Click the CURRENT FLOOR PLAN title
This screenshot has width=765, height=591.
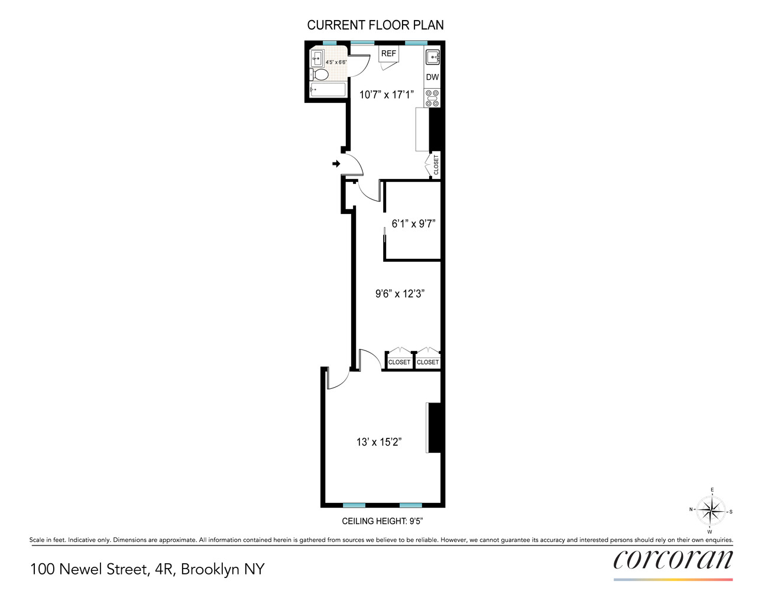pos(375,25)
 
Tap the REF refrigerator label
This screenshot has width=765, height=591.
pos(388,54)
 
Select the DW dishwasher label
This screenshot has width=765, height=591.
pos(432,77)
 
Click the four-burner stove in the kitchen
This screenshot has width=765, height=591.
pos(432,98)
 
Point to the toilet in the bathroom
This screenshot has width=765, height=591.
pos(319,74)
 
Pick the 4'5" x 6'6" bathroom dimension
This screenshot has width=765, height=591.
pos(336,62)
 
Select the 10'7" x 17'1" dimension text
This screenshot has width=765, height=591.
pos(387,95)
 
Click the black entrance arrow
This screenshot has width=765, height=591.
pos(336,164)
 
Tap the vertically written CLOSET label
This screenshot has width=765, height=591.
pos(436,165)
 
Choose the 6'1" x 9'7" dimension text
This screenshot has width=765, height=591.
pos(413,223)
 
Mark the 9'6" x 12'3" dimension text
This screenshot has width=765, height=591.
pos(400,294)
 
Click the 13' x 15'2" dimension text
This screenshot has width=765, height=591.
pos(379,442)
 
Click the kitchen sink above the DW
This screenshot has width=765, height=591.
pos(432,57)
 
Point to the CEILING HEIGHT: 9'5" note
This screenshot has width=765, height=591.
pos(382,521)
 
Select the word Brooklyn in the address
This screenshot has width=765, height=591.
pos(211,569)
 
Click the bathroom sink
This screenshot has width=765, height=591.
pos(317,58)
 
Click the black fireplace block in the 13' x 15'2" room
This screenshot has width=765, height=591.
pos(435,428)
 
